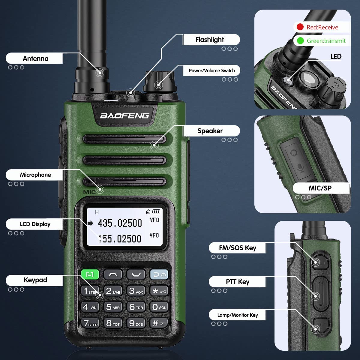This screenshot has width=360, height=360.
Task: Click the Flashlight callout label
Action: click(x=210, y=40)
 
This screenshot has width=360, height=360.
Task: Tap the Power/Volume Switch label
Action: click(x=211, y=70)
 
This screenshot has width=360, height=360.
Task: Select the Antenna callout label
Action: click(x=35, y=58)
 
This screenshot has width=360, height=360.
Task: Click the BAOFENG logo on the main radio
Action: click(x=124, y=116)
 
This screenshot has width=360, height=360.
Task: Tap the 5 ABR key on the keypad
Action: click(x=113, y=307)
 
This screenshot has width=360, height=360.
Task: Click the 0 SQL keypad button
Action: click(x=159, y=307)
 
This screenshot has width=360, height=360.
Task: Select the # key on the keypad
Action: click(x=159, y=323)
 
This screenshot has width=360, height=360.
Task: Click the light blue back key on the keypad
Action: click(x=159, y=274)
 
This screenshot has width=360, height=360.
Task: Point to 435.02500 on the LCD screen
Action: click(x=120, y=223)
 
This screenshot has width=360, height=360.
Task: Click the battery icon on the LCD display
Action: click(x=156, y=212)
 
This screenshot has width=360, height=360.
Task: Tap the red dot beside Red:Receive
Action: click(x=300, y=27)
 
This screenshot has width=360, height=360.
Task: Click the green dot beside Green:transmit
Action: click(x=300, y=40)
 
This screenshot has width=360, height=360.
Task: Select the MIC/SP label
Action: click(x=320, y=188)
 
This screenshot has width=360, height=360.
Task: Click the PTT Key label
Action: click(x=238, y=282)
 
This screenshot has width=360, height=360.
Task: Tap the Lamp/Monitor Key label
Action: click(x=238, y=315)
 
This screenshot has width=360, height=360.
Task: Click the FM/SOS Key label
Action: click(x=238, y=248)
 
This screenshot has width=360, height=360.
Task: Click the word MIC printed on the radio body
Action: click(x=89, y=192)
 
